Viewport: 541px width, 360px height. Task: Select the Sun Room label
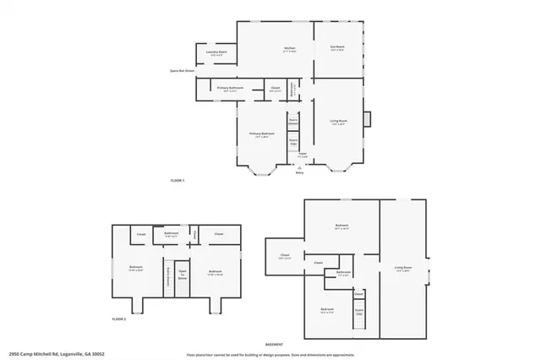(337, 47)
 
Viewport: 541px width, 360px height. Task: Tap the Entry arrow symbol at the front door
(298, 168)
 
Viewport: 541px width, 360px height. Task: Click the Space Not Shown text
(183, 71)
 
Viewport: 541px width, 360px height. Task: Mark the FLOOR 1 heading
(178, 181)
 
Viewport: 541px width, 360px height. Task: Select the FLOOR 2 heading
(119, 319)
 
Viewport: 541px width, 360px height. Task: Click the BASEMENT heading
(274, 345)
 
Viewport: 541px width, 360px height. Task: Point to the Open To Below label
(182, 273)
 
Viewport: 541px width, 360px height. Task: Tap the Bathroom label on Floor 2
(171, 233)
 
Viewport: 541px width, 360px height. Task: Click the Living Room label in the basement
(402, 269)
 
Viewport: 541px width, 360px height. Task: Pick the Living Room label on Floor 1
(338, 121)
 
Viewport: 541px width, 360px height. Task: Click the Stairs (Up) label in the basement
(358, 310)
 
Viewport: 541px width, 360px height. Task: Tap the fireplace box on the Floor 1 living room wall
(367, 119)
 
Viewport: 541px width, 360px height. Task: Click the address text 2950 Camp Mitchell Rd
(51, 354)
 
